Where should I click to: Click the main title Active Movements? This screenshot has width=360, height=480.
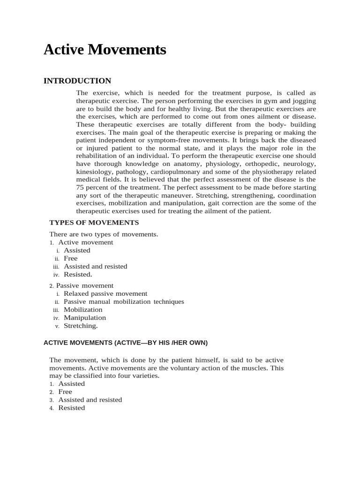[x=105, y=50]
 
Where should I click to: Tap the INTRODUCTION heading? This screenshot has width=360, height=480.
[x=77, y=81]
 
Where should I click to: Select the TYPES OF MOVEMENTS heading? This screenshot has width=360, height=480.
[x=94, y=222]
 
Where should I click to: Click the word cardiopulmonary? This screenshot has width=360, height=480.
[x=177, y=172]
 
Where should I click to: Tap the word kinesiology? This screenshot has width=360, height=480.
[x=94, y=172]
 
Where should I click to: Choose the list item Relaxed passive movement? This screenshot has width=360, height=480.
[x=105, y=294]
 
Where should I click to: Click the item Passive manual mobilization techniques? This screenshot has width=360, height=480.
[x=124, y=302]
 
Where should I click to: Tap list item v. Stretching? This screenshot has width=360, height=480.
[x=81, y=325]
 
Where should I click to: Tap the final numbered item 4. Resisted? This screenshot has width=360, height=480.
[x=71, y=408]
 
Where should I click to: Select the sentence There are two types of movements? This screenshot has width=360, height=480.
[x=104, y=234]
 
